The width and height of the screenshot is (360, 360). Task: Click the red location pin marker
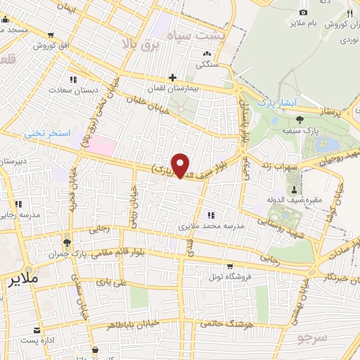[x=181, y=166]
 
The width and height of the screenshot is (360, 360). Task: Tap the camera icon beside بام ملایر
[x=303, y=13]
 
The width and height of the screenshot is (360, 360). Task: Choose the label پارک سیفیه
[x=326, y=131]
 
